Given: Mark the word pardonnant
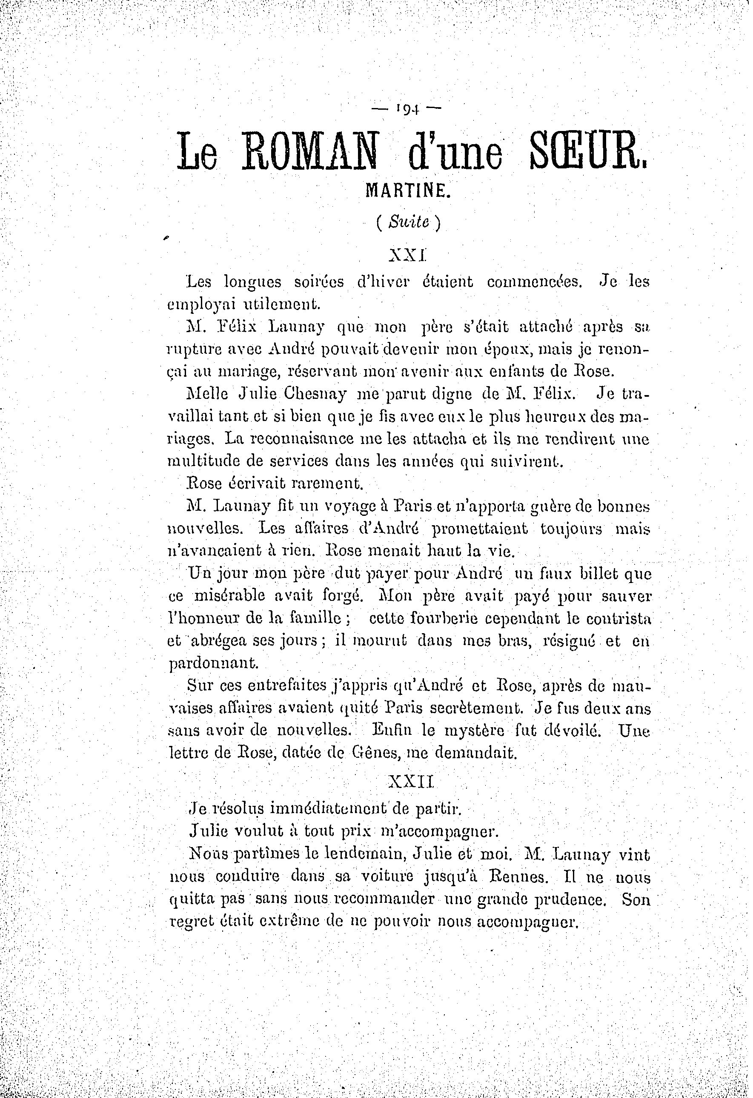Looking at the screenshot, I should [x=213, y=663].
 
